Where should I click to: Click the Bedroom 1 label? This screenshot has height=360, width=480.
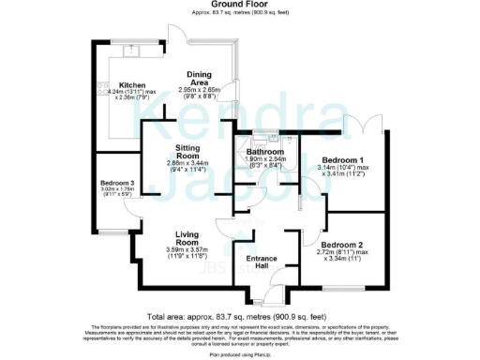click(341, 158)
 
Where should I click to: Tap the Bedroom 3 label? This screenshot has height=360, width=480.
click(119, 183)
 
